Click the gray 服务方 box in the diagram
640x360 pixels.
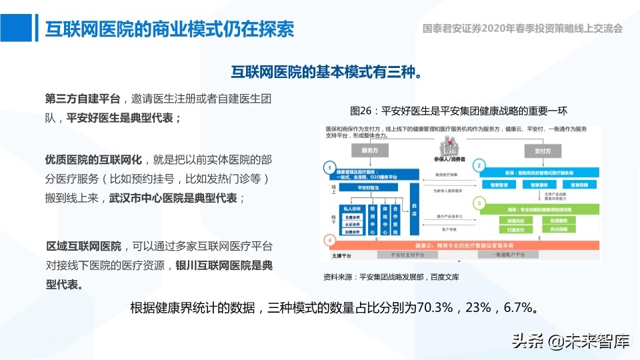[371, 151]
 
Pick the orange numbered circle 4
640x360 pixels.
[328, 240]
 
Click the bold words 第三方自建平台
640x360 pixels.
[83, 99]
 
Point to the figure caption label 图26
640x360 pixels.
[360, 111]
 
